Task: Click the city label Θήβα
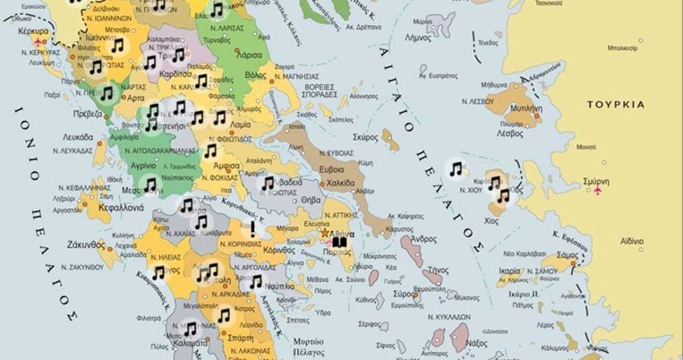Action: click(311, 200)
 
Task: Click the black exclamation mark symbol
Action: click(253, 228)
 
